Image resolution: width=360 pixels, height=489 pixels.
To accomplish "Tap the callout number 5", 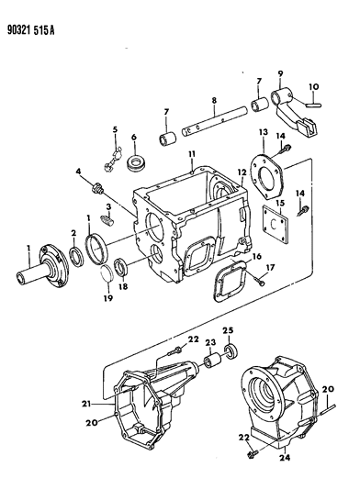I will [115, 128].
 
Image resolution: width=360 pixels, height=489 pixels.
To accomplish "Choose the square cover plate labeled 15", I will [268, 227].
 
